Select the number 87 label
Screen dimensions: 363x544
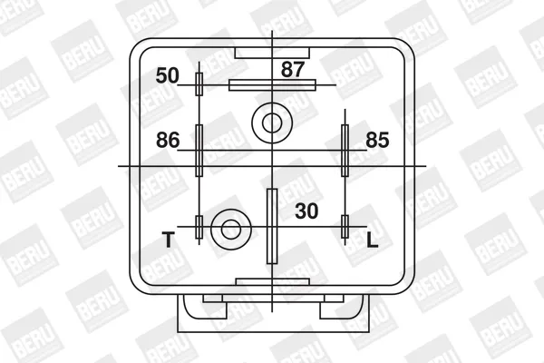pos(293,67)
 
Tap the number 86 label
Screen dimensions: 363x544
pos(169,140)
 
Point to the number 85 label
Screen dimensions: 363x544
pos(377,140)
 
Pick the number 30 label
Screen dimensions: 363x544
pos(307,211)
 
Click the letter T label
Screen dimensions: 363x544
pos(167,240)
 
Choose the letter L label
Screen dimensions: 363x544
pos(372,240)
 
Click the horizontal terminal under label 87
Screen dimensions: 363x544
pos(272,85)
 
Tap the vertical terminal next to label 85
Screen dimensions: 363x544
pos(345,150)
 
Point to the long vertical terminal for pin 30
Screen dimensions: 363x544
pos(271,225)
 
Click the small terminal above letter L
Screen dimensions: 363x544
pos(345,227)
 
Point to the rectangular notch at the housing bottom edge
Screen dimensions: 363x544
pos(272,282)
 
